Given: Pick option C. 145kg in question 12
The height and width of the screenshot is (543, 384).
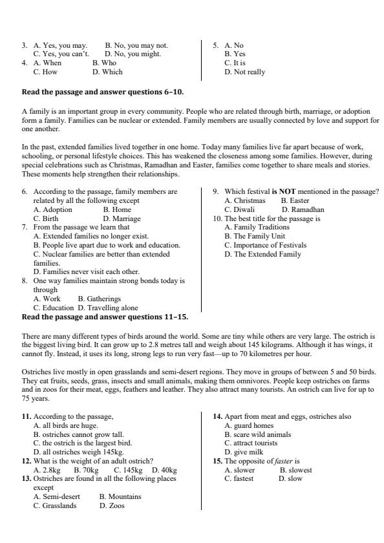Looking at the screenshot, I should pos(127,470).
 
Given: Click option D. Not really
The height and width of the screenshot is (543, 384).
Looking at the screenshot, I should pos(244,72).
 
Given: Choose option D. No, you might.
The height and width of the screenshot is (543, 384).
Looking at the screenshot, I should pos(133,54).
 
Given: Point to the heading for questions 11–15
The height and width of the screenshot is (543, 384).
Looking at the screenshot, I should pos(105,317).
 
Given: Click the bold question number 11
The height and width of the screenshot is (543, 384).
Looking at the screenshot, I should pos(27,434).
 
